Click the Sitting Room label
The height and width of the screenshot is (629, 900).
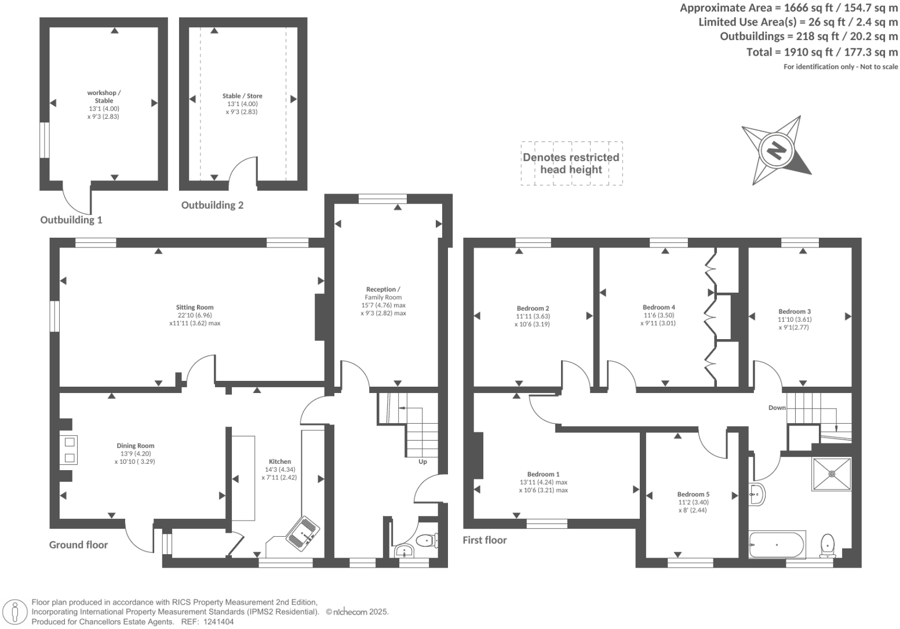coord(195,307)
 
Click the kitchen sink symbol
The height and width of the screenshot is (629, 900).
coord(303,531)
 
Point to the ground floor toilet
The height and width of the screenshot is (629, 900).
coord(428,540)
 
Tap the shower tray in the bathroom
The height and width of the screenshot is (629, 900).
coord(832,474)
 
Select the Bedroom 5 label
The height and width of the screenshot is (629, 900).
coord(693,495)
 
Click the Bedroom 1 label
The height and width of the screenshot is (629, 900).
coord(543,474)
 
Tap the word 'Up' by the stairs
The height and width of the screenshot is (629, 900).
coord(422,461)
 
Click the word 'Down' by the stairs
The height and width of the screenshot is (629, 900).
coord(777,408)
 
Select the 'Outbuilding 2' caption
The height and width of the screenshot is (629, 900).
coord(212,205)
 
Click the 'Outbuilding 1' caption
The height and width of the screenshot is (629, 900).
coord(71,220)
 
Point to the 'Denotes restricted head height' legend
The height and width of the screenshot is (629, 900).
coord(571,163)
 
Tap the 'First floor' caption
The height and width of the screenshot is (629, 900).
coord(484,540)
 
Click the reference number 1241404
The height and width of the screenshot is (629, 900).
coord(216,621)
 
